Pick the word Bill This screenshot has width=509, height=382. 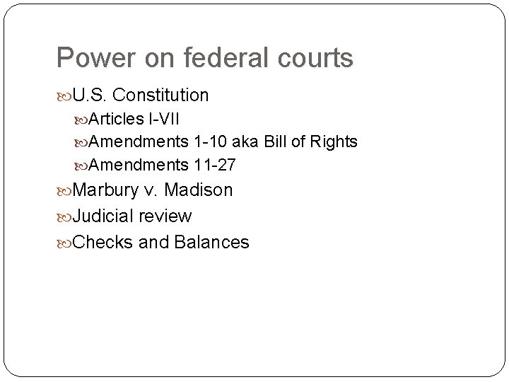pyautogui.click(x=278, y=141)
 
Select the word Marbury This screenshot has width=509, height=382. pyautogui.click(x=105, y=190)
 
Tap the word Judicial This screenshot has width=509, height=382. pyautogui.click(x=104, y=216)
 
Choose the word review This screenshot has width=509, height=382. pyautogui.click(x=165, y=216)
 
